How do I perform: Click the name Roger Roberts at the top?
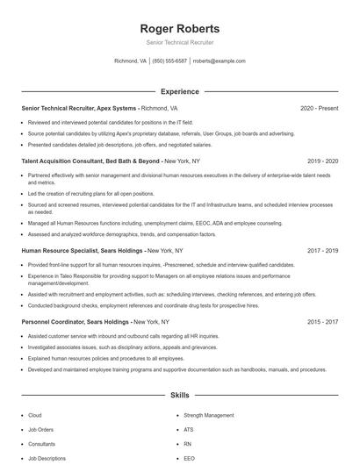point(180,28)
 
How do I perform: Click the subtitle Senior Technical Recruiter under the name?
point(180,42)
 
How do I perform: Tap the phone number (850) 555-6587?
point(169,61)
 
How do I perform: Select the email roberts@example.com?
point(219,61)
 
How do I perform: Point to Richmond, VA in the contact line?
point(131,61)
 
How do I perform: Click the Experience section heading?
point(180,91)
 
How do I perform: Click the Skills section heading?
point(180,397)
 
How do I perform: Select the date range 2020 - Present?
point(320,109)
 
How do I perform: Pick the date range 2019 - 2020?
point(323,161)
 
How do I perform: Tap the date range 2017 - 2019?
point(323,250)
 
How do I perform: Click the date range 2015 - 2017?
point(323,322)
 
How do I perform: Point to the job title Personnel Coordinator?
point(49,322)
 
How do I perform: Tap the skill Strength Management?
point(209,415)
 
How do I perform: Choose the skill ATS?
point(189,430)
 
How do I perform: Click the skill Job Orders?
point(40,430)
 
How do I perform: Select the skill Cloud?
point(35,415)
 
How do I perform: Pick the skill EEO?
point(189,458)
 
